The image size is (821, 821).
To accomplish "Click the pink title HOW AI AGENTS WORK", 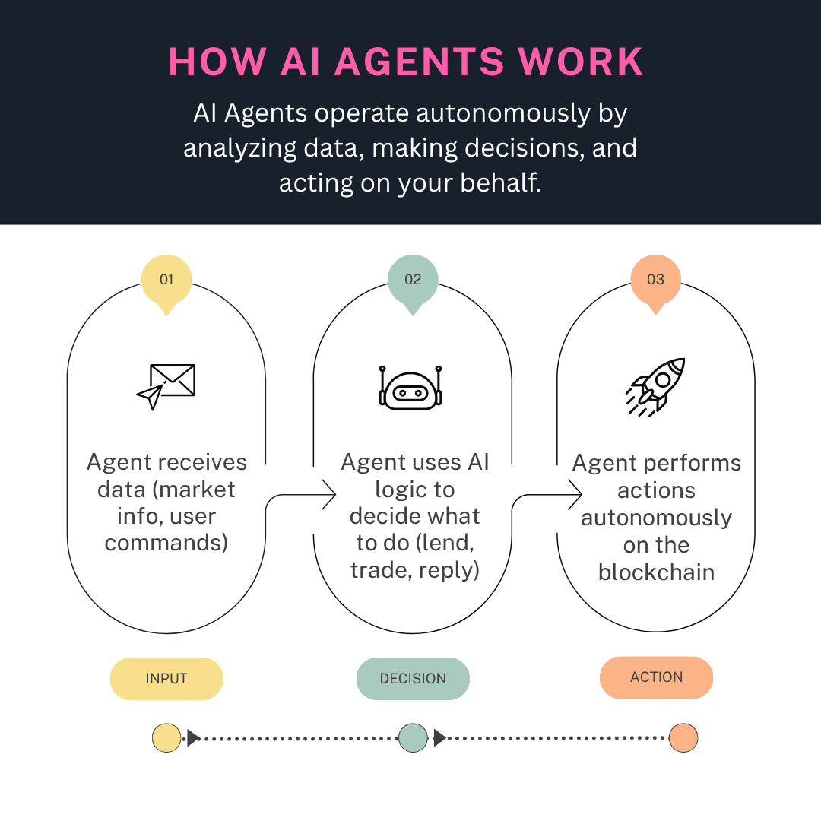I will point(406,62).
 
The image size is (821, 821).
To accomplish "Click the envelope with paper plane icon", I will point(166,386).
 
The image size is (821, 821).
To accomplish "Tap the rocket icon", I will point(656,386).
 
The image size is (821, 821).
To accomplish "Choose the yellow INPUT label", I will point(166,678).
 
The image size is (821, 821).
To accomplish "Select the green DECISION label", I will point(413,678).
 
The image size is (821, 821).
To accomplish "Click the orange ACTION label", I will point(656,677).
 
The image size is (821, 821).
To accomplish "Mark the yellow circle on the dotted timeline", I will point(166,738).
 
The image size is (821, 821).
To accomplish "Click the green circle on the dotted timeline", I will point(413,738).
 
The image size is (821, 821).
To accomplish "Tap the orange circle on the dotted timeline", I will point(683,738).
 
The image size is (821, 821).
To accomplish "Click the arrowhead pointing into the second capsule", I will point(330,495).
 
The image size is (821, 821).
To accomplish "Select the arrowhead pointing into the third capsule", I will point(576,495).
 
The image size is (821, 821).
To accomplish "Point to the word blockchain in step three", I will point(656,572).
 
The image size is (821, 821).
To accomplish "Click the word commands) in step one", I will point(166,544).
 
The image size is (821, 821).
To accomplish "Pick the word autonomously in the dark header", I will point(502,113).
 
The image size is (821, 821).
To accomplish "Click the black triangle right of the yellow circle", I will point(193,738).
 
